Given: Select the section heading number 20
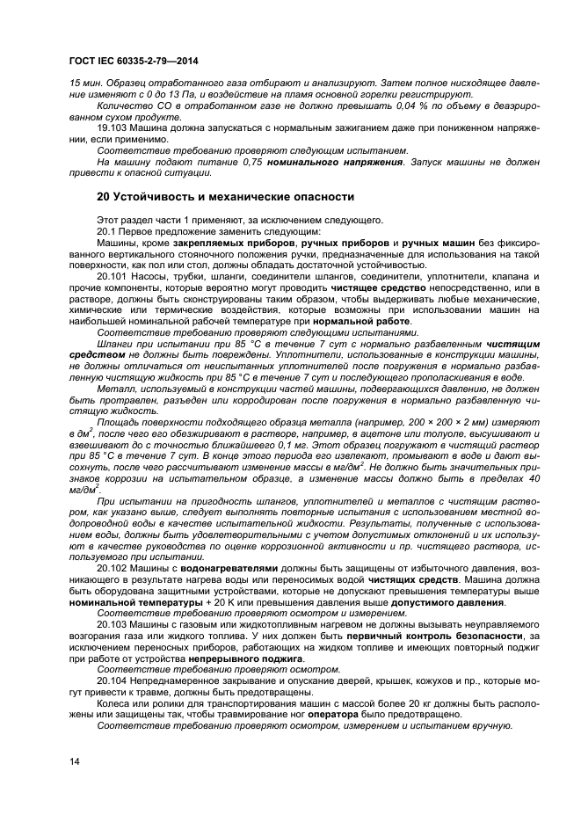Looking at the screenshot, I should (104, 197).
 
